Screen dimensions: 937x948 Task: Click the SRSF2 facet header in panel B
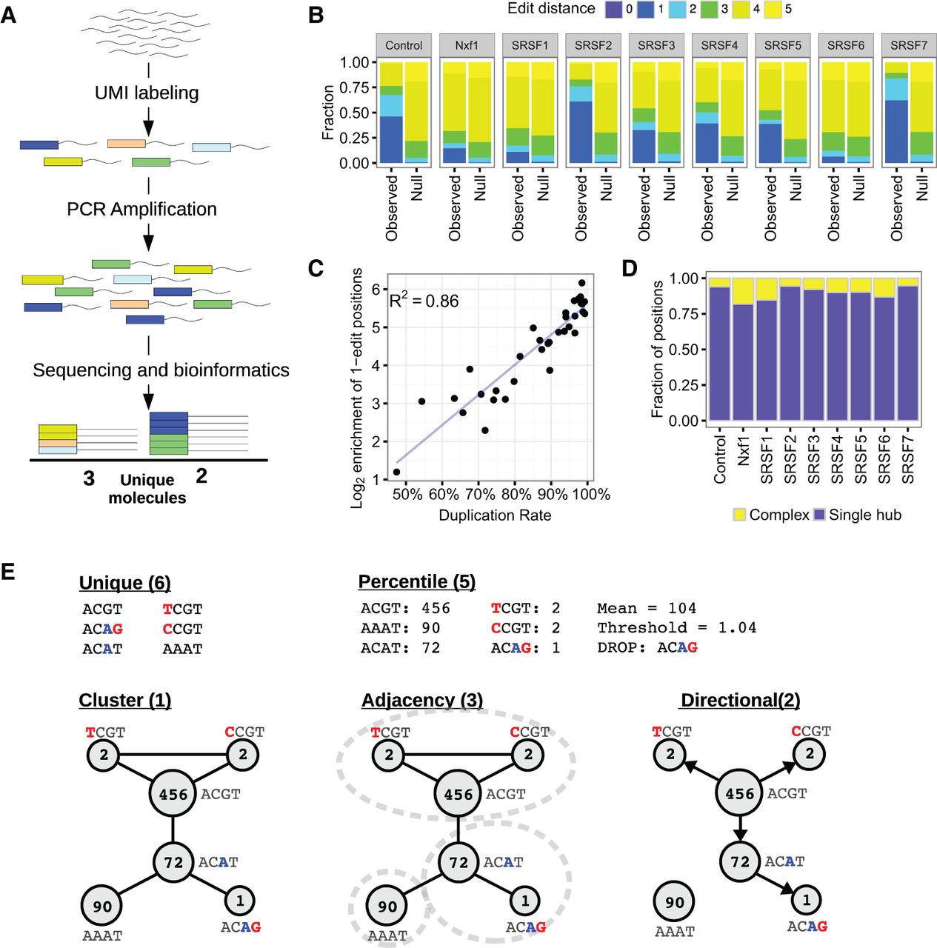(x=593, y=46)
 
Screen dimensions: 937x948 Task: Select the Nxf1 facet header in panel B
(x=467, y=46)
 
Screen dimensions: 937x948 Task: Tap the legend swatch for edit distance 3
(x=709, y=10)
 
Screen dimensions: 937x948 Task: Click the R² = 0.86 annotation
(x=424, y=300)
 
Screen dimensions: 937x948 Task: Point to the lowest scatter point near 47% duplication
(x=396, y=472)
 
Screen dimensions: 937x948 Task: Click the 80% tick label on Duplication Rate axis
(x=515, y=494)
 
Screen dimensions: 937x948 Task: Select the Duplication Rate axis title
(x=495, y=515)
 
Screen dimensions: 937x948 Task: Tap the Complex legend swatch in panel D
(x=739, y=515)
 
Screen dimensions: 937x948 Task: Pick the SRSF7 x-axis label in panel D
(x=907, y=459)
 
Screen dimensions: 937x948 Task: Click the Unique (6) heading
(x=125, y=583)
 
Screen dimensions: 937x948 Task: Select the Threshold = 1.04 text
(x=677, y=628)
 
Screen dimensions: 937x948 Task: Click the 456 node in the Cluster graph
(x=173, y=795)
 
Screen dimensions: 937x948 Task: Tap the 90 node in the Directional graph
(x=674, y=902)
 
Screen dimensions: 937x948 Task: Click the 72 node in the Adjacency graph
(x=459, y=862)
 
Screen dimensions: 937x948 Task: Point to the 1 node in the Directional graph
(x=806, y=901)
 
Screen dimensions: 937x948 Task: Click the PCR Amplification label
(x=141, y=209)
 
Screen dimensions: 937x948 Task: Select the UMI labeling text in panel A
(x=147, y=93)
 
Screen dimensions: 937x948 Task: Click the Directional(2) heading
(x=741, y=701)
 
